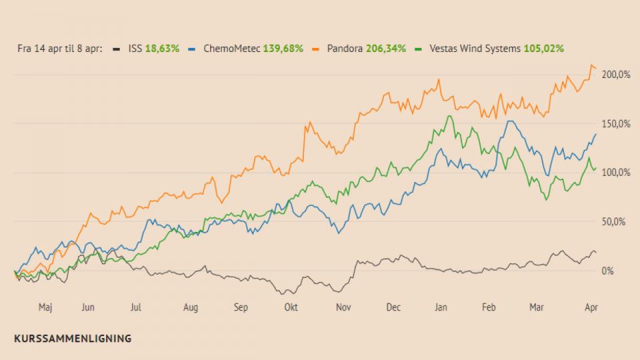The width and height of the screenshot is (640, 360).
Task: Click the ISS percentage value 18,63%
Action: (x=162, y=49)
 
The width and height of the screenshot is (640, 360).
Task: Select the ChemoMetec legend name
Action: (x=231, y=49)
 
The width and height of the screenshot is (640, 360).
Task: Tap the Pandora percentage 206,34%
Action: (x=386, y=49)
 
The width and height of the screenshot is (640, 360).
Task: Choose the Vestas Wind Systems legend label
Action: (x=475, y=49)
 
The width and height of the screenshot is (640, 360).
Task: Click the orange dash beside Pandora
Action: (x=315, y=49)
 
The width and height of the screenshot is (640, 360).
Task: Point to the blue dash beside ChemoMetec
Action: (x=192, y=49)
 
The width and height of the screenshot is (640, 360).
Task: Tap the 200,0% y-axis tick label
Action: (x=616, y=75)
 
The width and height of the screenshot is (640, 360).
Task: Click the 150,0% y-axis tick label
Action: (x=616, y=124)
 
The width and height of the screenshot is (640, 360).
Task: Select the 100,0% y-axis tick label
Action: (x=616, y=172)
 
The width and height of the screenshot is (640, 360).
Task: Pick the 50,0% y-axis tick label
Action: (x=613, y=221)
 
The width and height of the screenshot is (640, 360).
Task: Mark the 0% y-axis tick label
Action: (x=607, y=271)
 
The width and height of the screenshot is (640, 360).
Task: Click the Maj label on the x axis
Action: (x=45, y=307)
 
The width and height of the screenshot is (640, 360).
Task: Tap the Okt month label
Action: (x=291, y=307)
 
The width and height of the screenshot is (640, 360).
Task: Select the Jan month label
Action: (x=441, y=307)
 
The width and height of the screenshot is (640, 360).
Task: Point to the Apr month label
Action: (x=591, y=307)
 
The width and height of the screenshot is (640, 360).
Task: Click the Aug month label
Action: (x=191, y=307)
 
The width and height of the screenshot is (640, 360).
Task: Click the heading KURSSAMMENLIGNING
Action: (x=73, y=339)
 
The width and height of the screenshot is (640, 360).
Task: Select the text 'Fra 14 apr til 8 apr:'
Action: (x=59, y=49)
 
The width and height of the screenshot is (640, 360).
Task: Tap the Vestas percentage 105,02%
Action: (x=544, y=49)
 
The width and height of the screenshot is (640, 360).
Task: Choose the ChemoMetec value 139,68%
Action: (x=283, y=49)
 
